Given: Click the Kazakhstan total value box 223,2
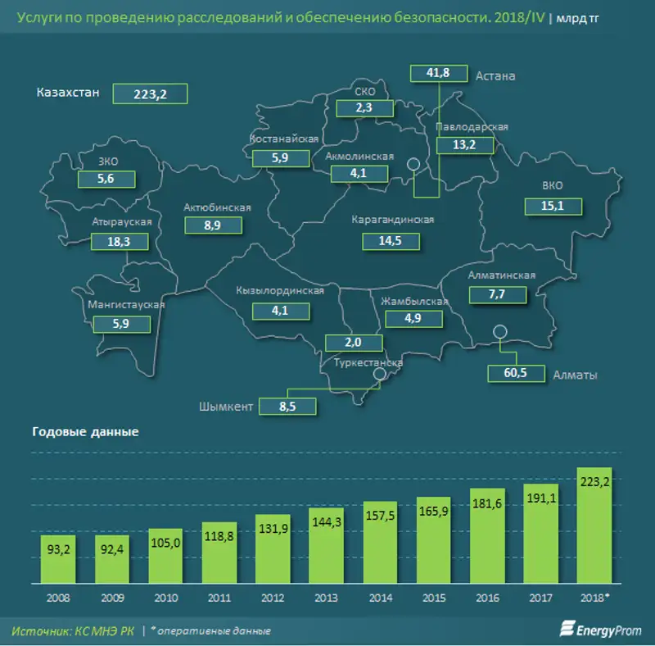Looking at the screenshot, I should (x=150, y=94).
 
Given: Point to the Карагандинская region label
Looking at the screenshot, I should (x=392, y=220).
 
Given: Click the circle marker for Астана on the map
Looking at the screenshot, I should (x=415, y=164).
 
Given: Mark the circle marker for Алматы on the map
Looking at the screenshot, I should (x=499, y=331).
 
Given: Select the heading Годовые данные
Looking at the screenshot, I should (x=84, y=432).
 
